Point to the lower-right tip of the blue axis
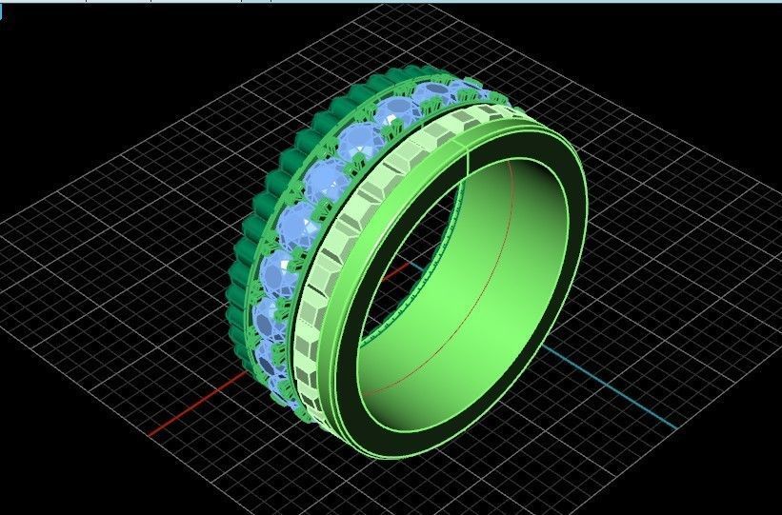(x=674, y=428)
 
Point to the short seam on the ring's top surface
(x=469, y=162)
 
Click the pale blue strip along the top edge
(x=391, y=2)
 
